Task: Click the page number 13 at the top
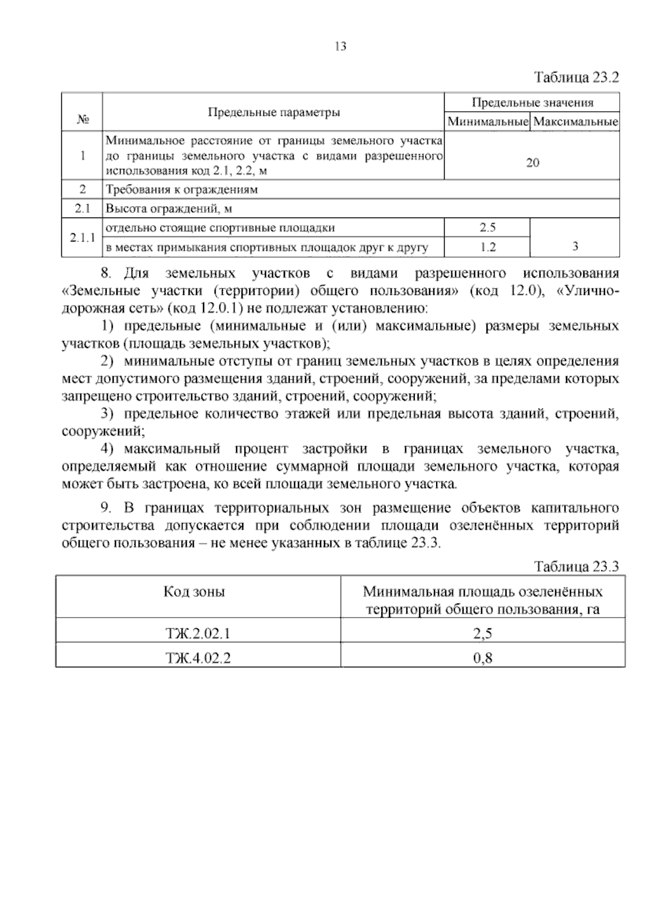point(340,47)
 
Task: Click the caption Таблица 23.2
point(576,77)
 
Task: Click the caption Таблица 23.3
point(576,567)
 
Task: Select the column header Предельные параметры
point(274,113)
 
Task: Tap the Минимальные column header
point(487,122)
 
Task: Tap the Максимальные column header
point(575,122)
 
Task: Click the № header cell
point(82,119)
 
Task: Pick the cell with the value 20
point(532,163)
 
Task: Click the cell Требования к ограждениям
point(181,190)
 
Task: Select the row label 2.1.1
point(82,238)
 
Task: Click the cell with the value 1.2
point(487,247)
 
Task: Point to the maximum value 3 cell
point(575,246)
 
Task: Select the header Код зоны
point(194,592)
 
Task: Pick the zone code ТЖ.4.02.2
point(198,658)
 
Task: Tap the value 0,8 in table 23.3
point(483,658)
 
